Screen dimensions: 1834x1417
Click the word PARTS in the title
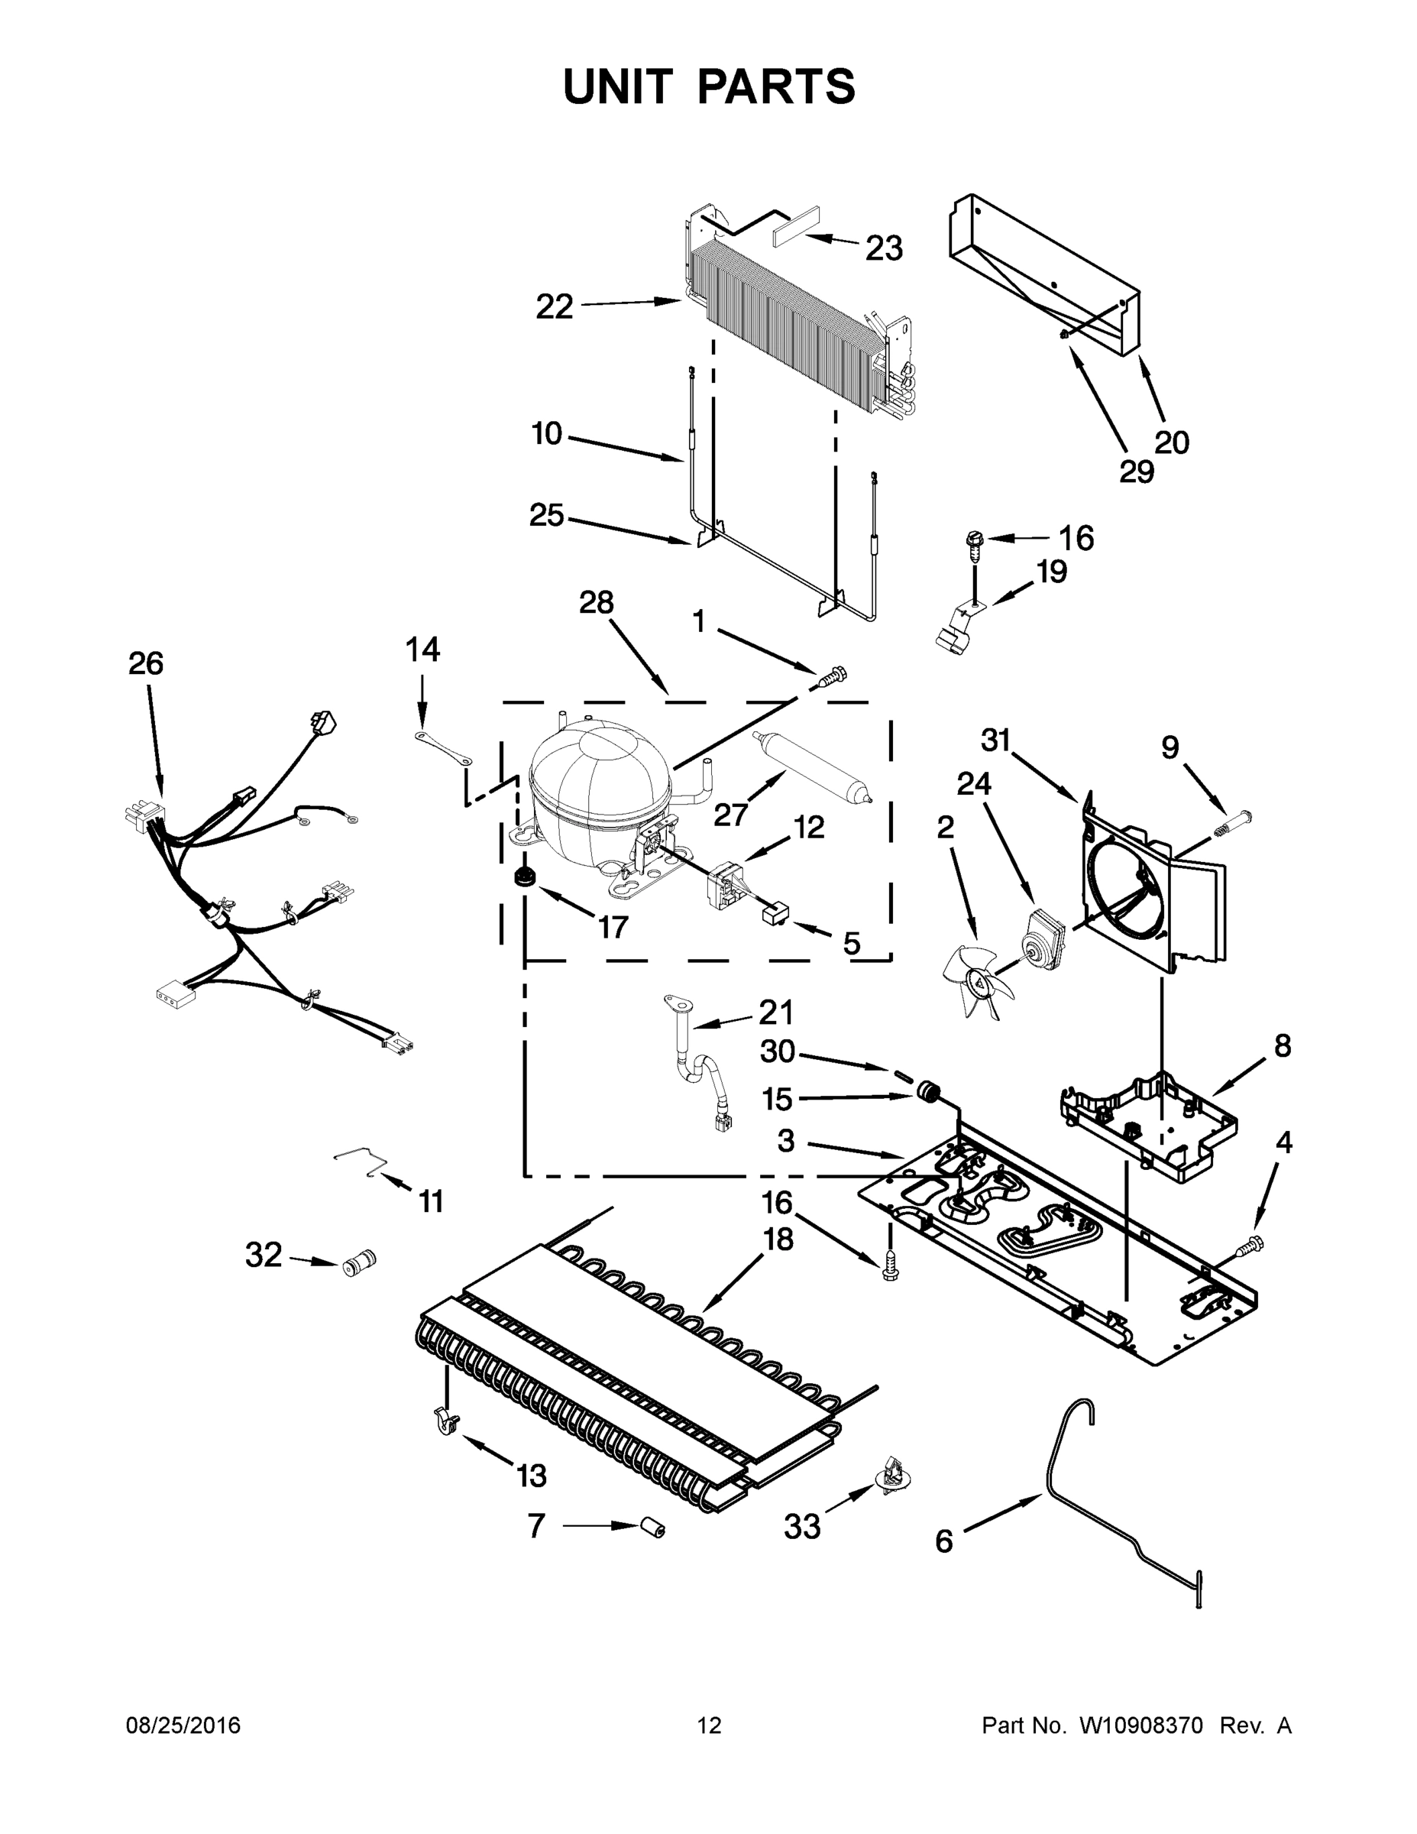pyautogui.click(x=775, y=86)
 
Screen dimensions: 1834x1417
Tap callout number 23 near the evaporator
pyautogui.click(x=883, y=248)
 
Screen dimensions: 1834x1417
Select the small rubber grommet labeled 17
pyautogui.click(x=526, y=876)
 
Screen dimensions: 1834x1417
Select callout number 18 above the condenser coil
pyautogui.click(x=778, y=1239)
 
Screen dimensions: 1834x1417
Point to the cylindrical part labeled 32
pyautogui.click(x=358, y=1262)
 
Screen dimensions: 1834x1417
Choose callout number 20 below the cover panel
pyautogui.click(x=1171, y=442)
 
